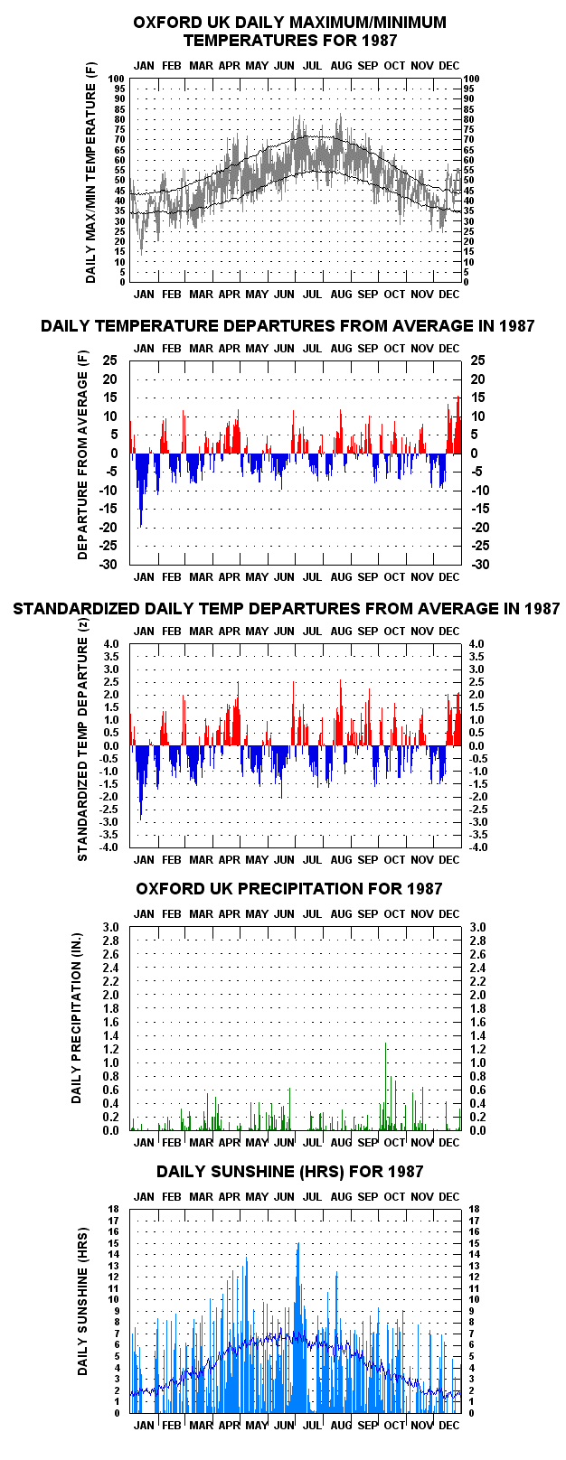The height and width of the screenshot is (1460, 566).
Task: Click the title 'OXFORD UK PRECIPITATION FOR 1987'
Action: pos(288,888)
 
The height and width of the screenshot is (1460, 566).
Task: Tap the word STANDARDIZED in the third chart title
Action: pos(76,608)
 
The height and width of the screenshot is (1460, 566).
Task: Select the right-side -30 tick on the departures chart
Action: pos(480,565)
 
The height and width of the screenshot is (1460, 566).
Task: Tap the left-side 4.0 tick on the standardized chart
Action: pos(111,644)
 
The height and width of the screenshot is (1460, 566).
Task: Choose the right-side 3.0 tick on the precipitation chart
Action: pos(477,927)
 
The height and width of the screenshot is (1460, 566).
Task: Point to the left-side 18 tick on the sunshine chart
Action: pos(114,1209)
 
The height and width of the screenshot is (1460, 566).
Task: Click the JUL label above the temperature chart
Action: pos(312,65)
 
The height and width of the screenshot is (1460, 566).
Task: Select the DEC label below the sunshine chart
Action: pos(448,1426)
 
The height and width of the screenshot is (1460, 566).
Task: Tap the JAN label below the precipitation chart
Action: pos(144,1143)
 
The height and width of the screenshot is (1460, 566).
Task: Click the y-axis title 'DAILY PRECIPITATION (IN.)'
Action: pos(77,1028)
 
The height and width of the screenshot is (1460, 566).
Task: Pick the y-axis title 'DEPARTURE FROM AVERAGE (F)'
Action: pos(82,455)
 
